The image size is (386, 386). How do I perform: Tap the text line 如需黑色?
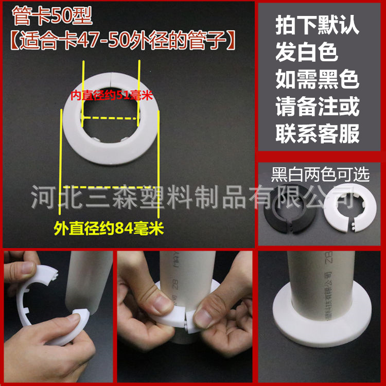pos(317,80)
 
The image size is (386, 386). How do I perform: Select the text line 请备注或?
pos(317,107)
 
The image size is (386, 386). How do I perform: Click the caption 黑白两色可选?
pos(321,175)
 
